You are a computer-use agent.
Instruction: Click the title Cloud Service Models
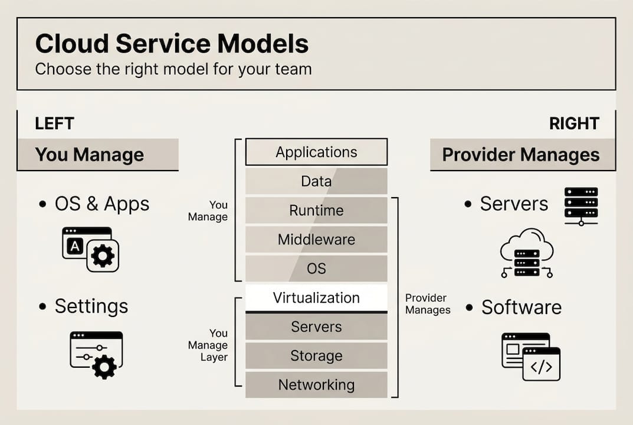[x=172, y=44]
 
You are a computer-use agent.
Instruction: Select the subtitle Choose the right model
[x=173, y=68]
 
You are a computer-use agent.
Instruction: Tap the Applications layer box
[x=316, y=152]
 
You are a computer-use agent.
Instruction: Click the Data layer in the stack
[x=316, y=181]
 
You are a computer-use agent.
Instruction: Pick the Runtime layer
[x=316, y=210]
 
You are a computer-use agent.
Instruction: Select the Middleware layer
[x=316, y=240]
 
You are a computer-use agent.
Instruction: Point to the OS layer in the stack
[x=316, y=269]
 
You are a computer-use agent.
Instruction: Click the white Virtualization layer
[x=316, y=298]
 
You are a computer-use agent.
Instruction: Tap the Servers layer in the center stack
[x=316, y=327]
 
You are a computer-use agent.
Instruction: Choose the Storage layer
[x=316, y=356]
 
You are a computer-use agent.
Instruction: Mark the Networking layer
[x=316, y=385]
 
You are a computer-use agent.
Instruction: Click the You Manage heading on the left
[x=90, y=155]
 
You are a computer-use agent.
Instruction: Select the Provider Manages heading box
[x=521, y=155]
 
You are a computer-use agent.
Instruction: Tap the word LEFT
[x=54, y=123]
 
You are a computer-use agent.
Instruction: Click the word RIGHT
[x=574, y=123]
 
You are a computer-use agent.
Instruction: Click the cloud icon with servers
[x=527, y=253]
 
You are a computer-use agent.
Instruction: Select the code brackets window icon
[x=541, y=364]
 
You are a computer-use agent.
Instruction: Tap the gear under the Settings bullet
[x=104, y=367]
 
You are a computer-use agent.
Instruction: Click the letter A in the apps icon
[x=75, y=247]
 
